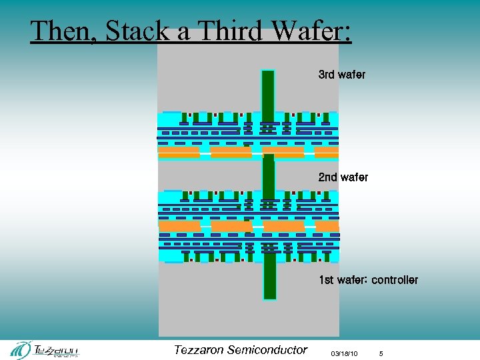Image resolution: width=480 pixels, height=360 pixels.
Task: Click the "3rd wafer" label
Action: pyautogui.click(x=341, y=75)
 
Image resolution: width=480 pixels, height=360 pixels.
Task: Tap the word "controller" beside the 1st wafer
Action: pyautogui.click(x=394, y=280)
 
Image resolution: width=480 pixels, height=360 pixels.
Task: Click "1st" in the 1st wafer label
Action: pyautogui.click(x=327, y=280)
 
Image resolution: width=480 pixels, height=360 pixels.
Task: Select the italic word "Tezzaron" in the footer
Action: pyautogui.click(x=198, y=350)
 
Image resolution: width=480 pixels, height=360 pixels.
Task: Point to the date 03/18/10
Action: pyautogui.click(x=345, y=353)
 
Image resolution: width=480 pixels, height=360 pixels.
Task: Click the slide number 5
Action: pyautogui.click(x=381, y=353)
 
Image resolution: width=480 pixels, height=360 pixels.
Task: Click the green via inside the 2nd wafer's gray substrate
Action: pyautogui.click(x=269, y=175)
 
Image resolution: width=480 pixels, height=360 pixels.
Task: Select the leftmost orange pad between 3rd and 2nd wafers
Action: pyautogui.click(x=179, y=153)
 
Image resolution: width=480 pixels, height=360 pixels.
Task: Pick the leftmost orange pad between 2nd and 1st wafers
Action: pyautogui.click(x=180, y=227)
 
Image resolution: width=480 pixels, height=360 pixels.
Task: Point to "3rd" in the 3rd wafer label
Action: pyautogui.click(x=327, y=75)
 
